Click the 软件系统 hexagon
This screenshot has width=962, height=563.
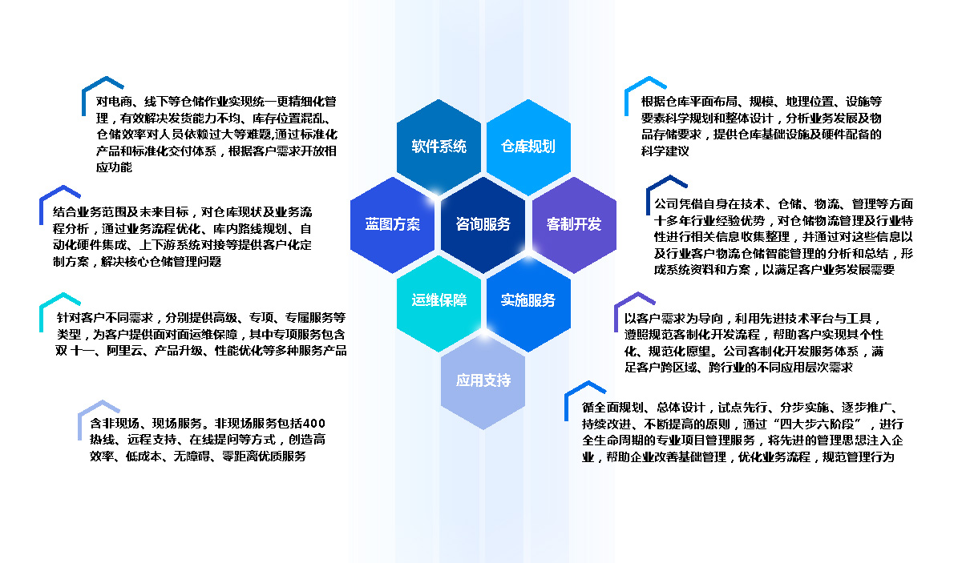click(439, 147)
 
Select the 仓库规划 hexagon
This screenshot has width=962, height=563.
click(528, 147)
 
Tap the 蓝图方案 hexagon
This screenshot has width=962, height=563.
click(393, 224)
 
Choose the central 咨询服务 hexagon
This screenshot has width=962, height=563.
click(483, 224)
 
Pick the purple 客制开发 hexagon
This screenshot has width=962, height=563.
click(574, 224)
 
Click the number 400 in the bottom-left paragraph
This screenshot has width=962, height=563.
click(313, 424)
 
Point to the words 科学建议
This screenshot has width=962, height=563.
click(665, 151)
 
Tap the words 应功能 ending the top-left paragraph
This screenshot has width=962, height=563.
click(114, 167)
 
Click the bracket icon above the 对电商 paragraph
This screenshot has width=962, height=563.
click(103, 95)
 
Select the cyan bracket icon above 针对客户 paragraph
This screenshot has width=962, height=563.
click(59, 312)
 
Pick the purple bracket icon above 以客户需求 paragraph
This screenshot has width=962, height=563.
click(634, 311)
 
